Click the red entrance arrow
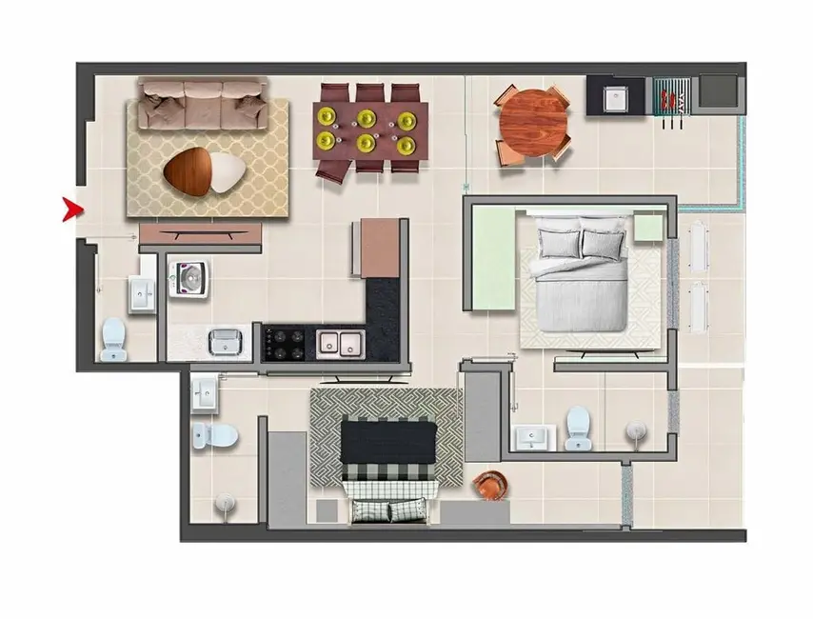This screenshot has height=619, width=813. [69, 210]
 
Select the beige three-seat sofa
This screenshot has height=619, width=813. [204, 104]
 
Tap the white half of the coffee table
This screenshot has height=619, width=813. [227, 170]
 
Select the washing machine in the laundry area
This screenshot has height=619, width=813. [189, 277]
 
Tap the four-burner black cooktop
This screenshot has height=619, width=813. [285, 342]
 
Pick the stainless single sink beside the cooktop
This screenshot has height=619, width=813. [226, 340]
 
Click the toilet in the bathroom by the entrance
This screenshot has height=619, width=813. [113, 338]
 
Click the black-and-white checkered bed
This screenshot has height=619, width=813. [389, 467]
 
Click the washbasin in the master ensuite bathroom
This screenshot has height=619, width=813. [531, 437]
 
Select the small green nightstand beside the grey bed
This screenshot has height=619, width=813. [648, 227]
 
